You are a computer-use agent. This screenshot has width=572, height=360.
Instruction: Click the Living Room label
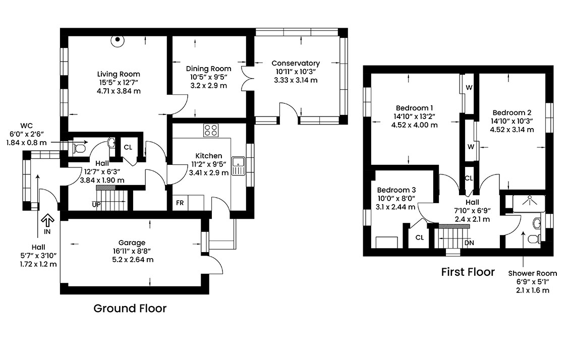click(x=119, y=74)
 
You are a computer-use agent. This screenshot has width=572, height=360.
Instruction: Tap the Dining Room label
click(x=209, y=69)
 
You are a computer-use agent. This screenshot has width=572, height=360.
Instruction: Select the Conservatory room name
click(x=296, y=64)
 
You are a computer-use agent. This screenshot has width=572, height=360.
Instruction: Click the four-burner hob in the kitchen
click(x=211, y=130)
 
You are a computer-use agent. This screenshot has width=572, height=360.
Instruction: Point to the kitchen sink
click(x=238, y=166)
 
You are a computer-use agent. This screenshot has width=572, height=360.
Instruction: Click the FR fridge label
click(x=180, y=203)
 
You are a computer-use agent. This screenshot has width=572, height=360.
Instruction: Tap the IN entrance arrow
click(x=47, y=220)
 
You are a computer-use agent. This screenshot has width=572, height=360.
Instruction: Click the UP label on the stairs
click(x=96, y=205)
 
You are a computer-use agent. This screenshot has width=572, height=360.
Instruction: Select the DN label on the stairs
click(x=469, y=243)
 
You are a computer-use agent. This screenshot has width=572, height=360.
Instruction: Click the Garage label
click(x=132, y=243)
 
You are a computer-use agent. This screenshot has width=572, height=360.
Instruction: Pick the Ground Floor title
click(x=130, y=308)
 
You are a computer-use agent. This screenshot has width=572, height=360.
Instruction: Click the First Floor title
click(x=468, y=272)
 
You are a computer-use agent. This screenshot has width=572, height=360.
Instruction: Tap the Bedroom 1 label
click(x=415, y=108)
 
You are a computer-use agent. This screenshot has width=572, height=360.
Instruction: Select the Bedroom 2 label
click(x=512, y=113)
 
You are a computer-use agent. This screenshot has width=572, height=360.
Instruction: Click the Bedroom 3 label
click(x=396, y=190)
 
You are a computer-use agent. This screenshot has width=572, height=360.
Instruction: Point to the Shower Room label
click(x=533, y=273)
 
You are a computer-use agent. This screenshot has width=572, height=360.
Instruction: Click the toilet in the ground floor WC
click(x=79, y=148)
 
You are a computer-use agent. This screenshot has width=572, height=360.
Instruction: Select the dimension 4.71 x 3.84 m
click(x=119, y=91)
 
